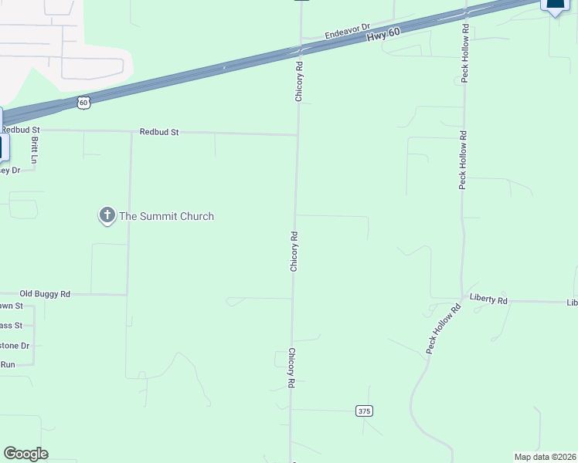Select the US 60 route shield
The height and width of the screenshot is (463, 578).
click(x=83, y=101)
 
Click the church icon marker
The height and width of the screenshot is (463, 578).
click(x=107, y=216)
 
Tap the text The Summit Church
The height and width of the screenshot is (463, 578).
click(x=165, y=217)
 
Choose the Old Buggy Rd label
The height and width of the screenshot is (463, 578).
click(x=45, y=294)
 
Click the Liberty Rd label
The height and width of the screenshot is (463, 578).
click(x=488, y=299)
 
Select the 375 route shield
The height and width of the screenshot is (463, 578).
click(x=365, y=411)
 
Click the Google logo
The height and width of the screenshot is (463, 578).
click(x=25, y=454)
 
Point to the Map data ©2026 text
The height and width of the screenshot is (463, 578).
click(x=546, y=457)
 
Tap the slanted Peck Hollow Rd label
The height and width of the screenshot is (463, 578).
click(x=443, y=330)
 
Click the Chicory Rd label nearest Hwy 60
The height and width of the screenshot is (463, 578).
click(x=298, y=83)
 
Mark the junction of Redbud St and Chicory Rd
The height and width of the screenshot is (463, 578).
click(x=297, y=135)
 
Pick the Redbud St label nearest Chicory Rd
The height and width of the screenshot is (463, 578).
click(x=159, y=132)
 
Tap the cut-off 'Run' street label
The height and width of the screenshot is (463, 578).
click(x=8, y=364)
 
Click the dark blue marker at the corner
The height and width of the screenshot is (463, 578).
click(x=556, y=5)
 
